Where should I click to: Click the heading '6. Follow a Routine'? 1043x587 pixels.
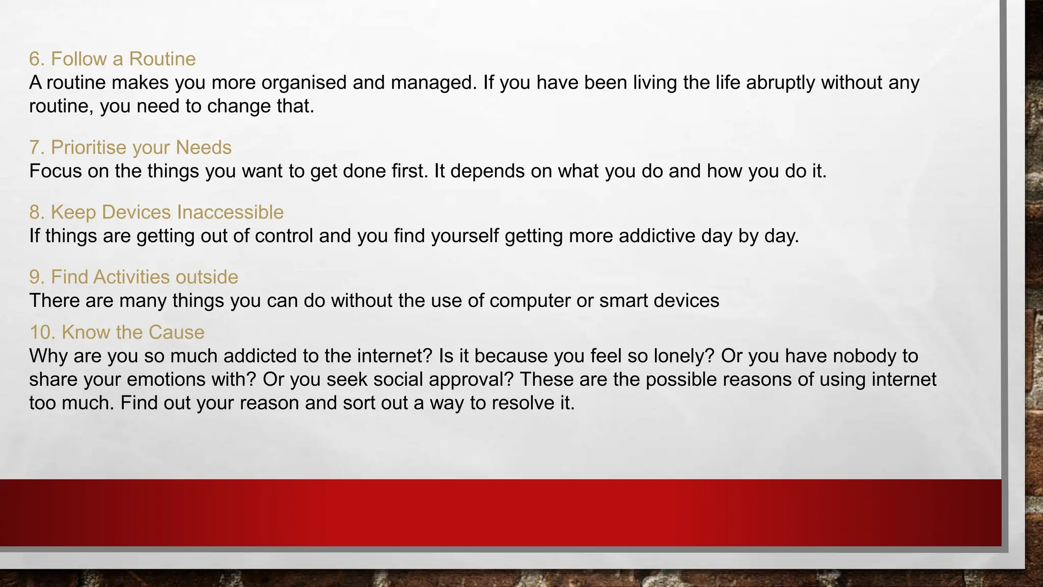112,59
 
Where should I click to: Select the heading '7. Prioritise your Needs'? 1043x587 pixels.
130,148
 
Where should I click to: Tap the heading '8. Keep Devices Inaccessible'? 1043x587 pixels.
156,212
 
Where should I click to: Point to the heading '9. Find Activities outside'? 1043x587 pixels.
133,277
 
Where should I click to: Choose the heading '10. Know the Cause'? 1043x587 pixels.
117,333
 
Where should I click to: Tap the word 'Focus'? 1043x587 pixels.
55,171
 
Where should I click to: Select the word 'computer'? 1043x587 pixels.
530,301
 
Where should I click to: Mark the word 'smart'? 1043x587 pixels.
623,301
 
